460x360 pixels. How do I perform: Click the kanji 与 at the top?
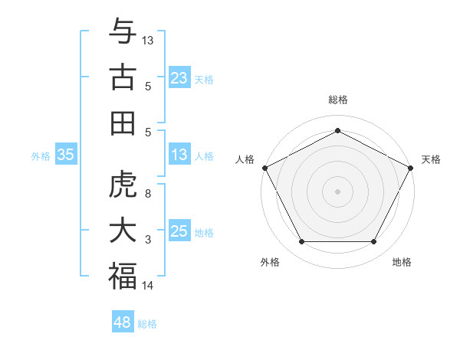123,32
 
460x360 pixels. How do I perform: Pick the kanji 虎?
123,185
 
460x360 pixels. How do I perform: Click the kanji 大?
123,231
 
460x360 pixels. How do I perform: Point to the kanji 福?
123,276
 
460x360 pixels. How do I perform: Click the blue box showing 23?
179,78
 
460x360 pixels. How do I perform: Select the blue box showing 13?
179,155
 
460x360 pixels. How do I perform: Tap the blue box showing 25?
179,231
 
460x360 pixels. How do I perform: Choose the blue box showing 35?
65,155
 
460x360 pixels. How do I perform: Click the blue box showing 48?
122,322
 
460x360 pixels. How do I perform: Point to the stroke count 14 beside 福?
147,286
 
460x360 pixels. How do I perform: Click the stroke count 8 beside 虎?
147,194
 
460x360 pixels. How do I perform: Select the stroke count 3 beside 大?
147,240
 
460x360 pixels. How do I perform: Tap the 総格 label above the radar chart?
338,100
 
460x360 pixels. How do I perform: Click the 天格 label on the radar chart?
431,159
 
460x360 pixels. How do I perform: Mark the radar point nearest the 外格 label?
301,242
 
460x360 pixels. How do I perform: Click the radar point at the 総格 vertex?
338,129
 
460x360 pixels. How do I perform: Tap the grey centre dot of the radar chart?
338,191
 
